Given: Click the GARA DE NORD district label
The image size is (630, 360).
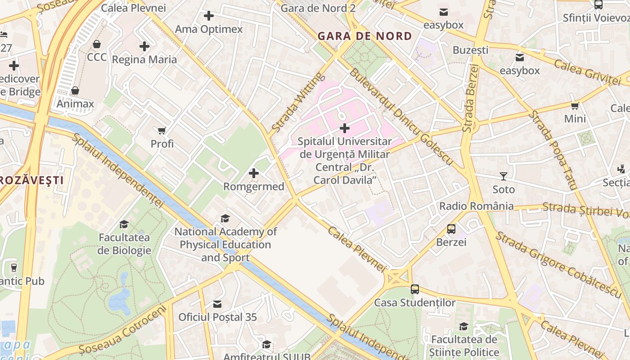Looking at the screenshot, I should [x=364, y=36].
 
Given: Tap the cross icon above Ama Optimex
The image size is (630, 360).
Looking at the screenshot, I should [x=209, y=16].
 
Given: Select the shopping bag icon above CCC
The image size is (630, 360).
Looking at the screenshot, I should [x=97, y=44].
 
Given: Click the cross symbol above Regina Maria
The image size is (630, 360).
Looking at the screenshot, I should [x=144, y=46].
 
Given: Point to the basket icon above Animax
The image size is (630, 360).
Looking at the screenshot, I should [x=75, y=91].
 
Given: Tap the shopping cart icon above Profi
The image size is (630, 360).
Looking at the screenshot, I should [x=162, y=131].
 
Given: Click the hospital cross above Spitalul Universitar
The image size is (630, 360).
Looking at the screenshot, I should [x=345, y=128].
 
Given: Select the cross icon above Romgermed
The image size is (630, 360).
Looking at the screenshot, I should [x=254, y=173].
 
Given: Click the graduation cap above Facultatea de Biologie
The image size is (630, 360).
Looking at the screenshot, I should [x=124, y=224].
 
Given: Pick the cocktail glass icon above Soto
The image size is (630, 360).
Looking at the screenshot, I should [x=503, y=176].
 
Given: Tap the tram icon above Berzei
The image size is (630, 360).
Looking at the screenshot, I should [x=451, y=229].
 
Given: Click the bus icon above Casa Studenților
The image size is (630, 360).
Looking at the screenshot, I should [x=415, y=289].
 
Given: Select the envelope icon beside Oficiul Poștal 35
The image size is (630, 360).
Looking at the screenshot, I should [x=217, y=304].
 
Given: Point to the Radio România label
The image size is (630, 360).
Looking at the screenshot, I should [x=476, y=206].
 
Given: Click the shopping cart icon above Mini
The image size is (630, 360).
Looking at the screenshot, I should [x=575, y=106].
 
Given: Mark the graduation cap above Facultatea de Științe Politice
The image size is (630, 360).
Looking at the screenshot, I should [x=464, y=327].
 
